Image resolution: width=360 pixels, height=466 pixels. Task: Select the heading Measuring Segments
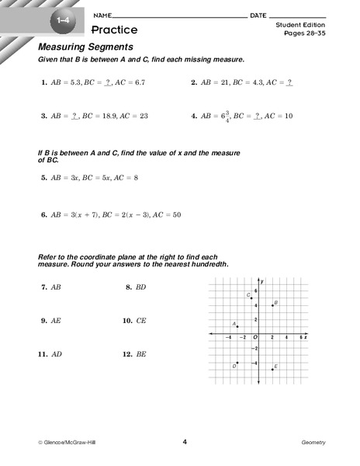[x=77, y=47]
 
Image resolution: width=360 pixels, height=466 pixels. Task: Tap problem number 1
[x=44, y=82]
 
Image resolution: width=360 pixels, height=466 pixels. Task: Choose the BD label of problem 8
[x=141, y=287]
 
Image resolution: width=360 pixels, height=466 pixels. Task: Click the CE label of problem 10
[x=141, y=320]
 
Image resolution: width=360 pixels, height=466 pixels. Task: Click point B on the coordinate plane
[x=272, y=305]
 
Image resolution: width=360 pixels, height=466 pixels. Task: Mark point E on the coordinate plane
[x=272, y=369]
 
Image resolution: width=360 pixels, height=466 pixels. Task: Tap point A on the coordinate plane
[x=237, y=326]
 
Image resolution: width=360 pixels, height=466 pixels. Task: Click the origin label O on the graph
[x=255, y=338]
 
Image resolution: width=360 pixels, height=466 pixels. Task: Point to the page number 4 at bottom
[x=185, y=441]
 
